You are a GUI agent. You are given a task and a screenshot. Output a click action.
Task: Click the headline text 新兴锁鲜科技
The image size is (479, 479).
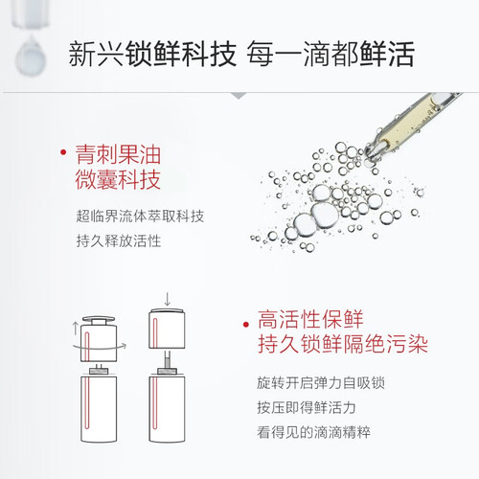pyautogui.click(x=152, y=54)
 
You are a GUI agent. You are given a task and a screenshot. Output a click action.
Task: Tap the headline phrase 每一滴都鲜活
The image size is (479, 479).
pyautogui.click(x=331, y=54)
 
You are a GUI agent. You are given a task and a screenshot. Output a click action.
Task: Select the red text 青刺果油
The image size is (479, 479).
pyautogui.click(x=118, y=154)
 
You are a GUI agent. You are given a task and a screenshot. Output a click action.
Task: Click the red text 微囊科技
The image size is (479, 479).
pyautogui.click(x=118, y=179)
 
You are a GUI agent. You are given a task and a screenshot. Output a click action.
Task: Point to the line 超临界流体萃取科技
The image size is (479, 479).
pyautogui.click(x=140, y=217)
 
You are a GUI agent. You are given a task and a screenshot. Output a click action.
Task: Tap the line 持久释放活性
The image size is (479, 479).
pyautogui.click(x=119, y=240)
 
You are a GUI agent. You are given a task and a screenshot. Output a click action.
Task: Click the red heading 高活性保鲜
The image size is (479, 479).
pyautogui.click(x=310, y=319)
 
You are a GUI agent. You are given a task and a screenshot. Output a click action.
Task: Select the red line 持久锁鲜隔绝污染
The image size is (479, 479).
pyautogui.click(x=343, y=344)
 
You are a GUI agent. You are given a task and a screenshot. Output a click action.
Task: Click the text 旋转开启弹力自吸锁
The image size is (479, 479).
pyautogui.click(x=321, y=383)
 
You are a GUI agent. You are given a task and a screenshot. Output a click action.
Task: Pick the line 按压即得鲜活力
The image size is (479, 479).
pyautogui.click(x=307, y=407)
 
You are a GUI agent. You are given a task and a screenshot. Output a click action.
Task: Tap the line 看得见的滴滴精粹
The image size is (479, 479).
pyautogui.click(x=313, y=432)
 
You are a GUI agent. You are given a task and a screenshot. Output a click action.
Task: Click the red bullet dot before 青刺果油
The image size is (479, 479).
pyautogui.click(x=63, y=152)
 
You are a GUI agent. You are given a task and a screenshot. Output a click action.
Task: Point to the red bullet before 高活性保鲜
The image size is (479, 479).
pyautogui.click(x=245, y=325)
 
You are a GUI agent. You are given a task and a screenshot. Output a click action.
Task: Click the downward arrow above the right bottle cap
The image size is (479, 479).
pyautogui.click(x=168, y=298)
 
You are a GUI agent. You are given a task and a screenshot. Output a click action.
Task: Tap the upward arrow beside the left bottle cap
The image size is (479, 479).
pyautogui.click(x=76, y=329)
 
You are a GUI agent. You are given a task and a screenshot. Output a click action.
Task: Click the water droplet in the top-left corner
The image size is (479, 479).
pyautogui.click(x=31, y=57)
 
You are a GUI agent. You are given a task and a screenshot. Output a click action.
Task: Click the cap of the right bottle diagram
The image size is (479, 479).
pyautogui.click(x=168, y=328)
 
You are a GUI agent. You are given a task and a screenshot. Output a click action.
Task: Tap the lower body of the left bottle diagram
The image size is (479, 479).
pyautogui.click(x=99, y=409)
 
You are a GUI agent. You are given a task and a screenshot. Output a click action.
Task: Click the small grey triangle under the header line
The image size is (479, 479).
pyautogui.click(x=239, y=96)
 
